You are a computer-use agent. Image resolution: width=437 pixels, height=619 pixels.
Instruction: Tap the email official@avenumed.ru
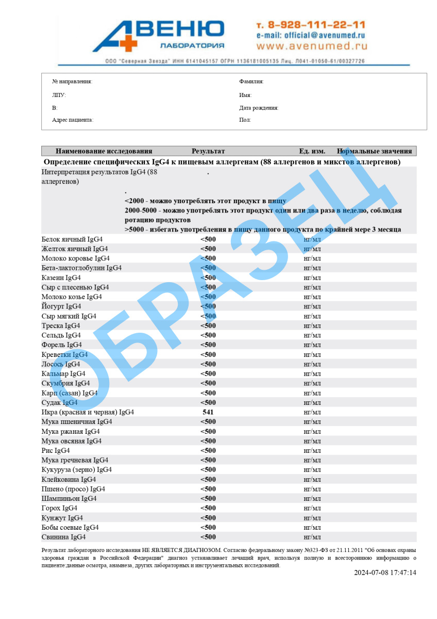pos(310,35)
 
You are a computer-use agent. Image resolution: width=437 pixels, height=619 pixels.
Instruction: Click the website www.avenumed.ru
pos(311,46)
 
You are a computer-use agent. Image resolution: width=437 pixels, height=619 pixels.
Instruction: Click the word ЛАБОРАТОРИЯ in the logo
pos(192,45)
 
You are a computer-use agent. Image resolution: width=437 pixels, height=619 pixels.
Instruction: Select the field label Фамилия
pos(251,82)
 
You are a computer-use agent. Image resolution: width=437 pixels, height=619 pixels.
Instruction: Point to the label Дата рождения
pos(259,108)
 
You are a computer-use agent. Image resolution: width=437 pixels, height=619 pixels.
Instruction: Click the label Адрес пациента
pos(73,120)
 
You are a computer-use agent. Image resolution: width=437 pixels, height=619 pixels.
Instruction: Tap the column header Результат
pos(208,151)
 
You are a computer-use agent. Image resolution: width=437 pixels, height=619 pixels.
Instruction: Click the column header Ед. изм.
pos(312,151)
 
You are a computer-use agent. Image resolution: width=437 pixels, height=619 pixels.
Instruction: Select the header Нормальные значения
pos(374,151)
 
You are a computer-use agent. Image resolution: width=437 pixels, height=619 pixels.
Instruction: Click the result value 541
pos(208,412)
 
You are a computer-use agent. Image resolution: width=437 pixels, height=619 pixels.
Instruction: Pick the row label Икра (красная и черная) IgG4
pos(88,412)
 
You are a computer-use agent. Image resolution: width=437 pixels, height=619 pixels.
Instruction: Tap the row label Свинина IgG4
pos(63,537)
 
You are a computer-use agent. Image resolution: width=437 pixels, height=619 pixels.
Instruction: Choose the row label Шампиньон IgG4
pos(69,498)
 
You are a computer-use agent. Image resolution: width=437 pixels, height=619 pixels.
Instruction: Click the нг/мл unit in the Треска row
pos(312,325)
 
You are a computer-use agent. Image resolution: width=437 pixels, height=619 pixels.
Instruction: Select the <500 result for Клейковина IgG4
pos(208,479)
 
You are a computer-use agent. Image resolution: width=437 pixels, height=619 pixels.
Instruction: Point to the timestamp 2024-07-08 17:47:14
pos(384,573)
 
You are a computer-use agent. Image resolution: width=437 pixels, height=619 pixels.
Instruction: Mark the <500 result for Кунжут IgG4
pos(208,518)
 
